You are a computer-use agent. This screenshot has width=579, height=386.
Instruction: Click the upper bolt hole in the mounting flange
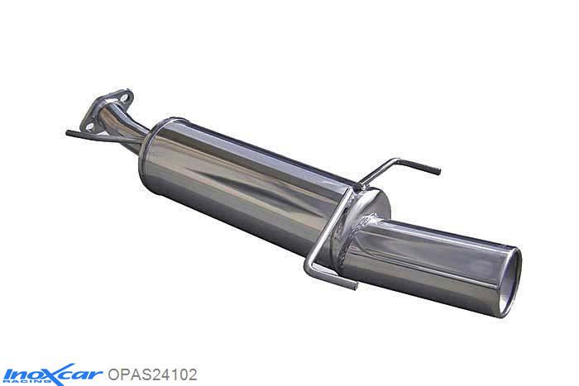coord(124,94)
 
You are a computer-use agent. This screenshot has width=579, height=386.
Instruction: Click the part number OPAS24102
coord(153,374)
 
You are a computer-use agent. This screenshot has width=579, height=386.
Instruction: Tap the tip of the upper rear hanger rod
coord(438,173)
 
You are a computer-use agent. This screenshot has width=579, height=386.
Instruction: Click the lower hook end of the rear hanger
coord(354,285)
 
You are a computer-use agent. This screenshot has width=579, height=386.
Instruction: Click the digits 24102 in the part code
coord(173,374)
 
